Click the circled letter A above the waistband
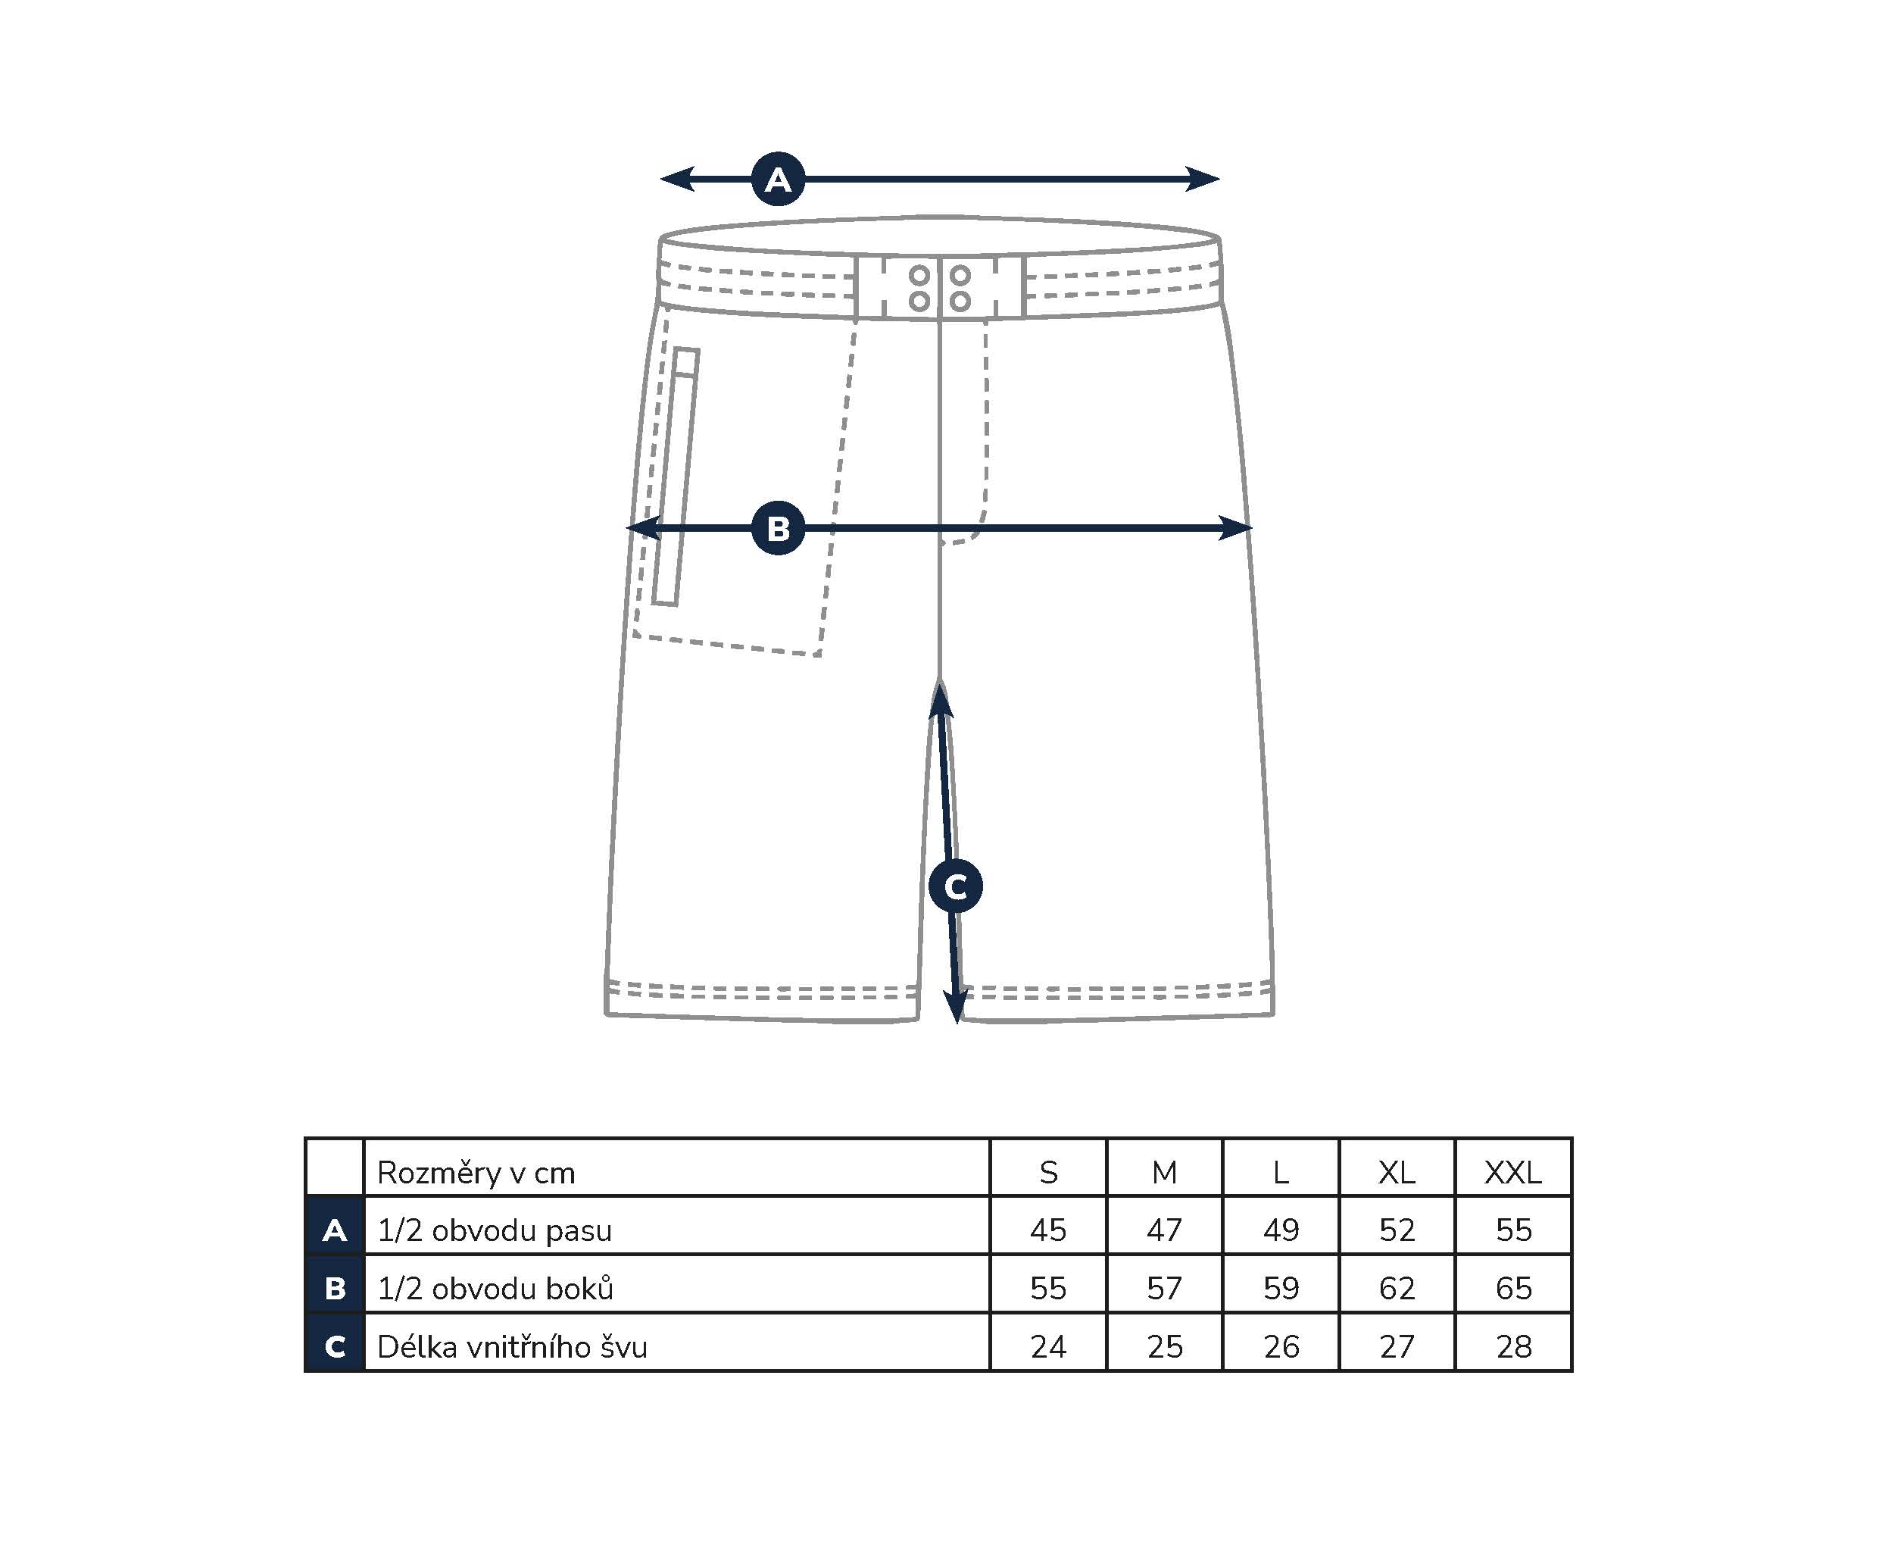click(778, 179)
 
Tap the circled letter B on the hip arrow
click(778, 528)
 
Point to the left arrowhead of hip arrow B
click(642, 528)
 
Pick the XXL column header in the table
click(1513, 1172)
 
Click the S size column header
click(1049, 1172)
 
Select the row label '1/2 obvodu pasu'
click(494, 1230)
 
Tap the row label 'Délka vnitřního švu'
click(512, 1347)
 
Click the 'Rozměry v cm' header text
click(476, 1172)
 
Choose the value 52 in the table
click(1397, 1230)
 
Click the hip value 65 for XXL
click(1514, 1289)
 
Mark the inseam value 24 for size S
click(1049, 1347)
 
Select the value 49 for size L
click(1281, 1230)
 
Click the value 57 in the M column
click(1165, 1289)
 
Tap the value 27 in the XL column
click(1397, 1347)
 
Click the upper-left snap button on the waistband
click(919, 275)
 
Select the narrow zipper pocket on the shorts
click(676, 476)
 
